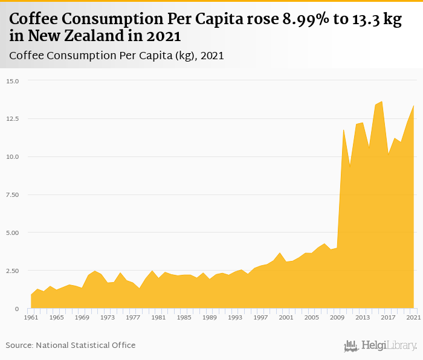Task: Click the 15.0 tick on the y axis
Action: (x=13, y=81)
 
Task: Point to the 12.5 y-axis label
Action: (x=13, y=119)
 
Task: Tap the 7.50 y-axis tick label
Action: (x=13, y=194)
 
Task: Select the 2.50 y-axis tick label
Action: (x=13, y=271)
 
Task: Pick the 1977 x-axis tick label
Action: (x=132, y=317)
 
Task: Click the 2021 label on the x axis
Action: (x=413, y=317)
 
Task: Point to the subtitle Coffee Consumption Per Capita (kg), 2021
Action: (x=117, y=56)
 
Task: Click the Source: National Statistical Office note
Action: (x=71, y=346)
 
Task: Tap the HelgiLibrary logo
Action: (x=380, y=346)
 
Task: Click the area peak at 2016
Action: (x=381, y=101)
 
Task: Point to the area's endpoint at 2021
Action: (x=413, y=106)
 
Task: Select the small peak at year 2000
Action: (x=279, y=252)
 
